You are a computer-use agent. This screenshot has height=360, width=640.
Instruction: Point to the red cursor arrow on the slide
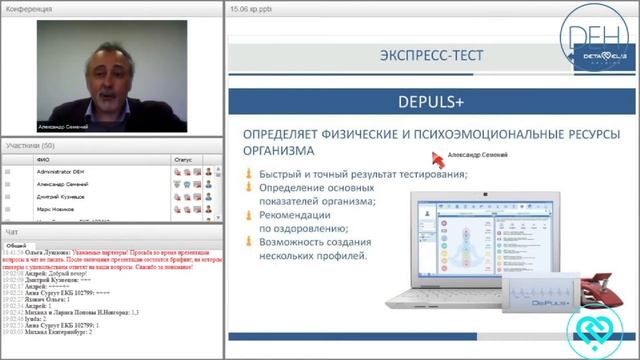(436, 158)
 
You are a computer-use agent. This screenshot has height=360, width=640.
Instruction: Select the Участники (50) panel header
(29, 145)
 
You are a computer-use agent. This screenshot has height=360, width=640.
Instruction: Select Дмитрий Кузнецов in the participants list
(61, 198)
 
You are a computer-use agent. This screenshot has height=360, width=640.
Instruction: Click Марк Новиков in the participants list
(56, 211)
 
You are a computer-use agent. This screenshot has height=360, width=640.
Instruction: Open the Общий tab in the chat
(16, 245)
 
